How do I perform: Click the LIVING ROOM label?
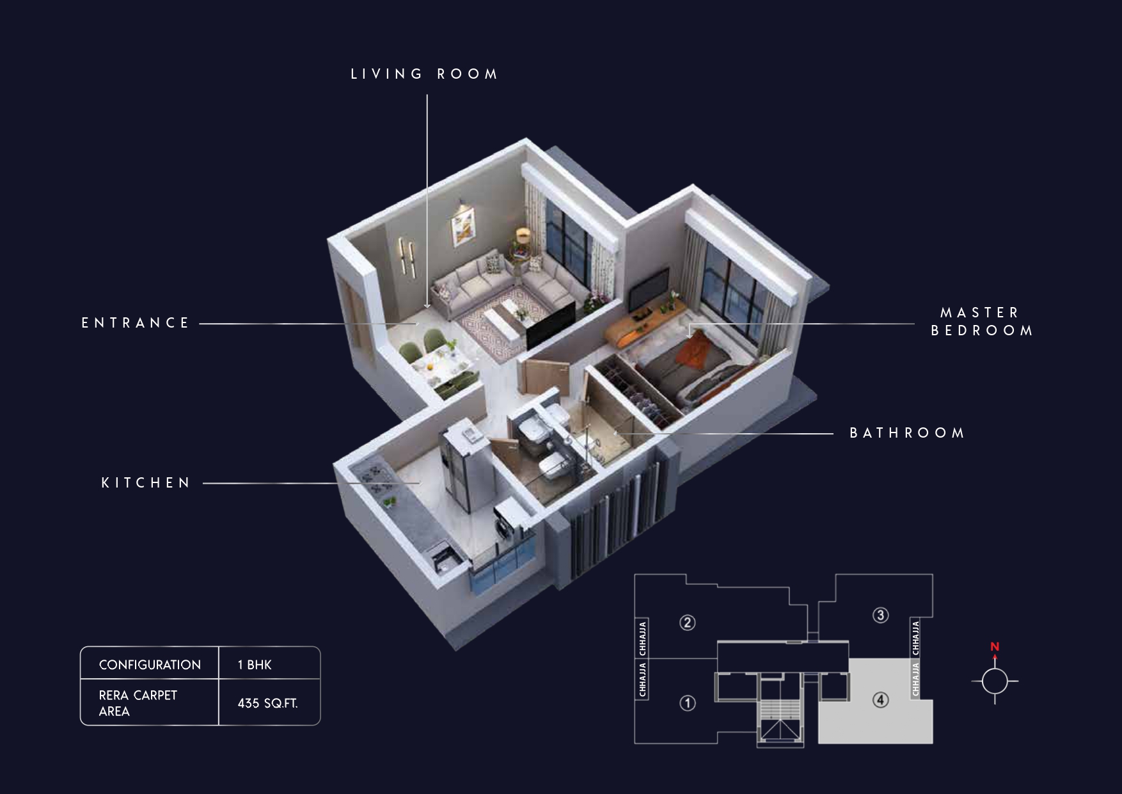click(x=425, y=74)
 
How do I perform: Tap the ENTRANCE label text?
click(x=136, y=323)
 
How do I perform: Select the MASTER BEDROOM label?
click(x=982, y=322)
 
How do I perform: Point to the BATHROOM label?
click(x=907, y=433)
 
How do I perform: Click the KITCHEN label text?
click(x=146, y=483)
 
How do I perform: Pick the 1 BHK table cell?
click(x=255, y=665)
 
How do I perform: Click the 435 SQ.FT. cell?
click(x=267, y=704)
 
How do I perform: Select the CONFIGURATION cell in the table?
click(x=150, y=665)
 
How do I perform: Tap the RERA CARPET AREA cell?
click(x=138, y=703)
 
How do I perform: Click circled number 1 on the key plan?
click(x=688, y=704)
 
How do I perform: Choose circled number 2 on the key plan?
click(x=687, y=623)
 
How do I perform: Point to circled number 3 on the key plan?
click(x=881, y=615)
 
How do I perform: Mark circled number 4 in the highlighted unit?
click(x=881, y=701)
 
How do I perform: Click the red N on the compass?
click(x=995, y=647)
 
